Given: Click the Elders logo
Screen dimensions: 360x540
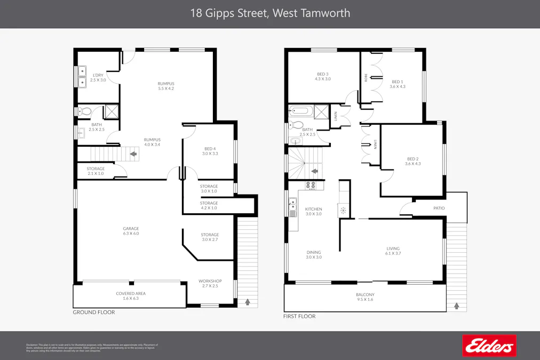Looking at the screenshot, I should click(x=489, y=346).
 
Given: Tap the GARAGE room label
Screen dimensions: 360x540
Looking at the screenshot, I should click(x=131, y=229).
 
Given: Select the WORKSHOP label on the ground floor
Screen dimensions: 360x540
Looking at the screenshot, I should click(x=210, y=281).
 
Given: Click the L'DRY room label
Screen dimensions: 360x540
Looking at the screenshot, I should click(x=98, y=75).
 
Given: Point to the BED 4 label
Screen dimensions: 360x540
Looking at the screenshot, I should click(x=211, y=149).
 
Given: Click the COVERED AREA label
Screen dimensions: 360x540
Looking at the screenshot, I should click(x=131, y=293).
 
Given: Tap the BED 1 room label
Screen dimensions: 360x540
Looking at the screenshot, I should click(x=398, y=82).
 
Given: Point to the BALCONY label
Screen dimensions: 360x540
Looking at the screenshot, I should click(x=365, y=294).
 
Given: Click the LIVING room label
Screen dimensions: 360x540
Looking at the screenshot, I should click(x=393, y=249).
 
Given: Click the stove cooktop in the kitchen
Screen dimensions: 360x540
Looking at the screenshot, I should click(x=311, y=186).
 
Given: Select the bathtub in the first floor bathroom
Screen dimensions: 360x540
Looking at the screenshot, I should click(x=300, y=112).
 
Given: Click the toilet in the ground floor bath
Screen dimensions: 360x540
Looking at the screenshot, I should click(x=83, y=111).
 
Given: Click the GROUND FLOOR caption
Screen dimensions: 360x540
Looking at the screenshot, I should click(x=94, y=313).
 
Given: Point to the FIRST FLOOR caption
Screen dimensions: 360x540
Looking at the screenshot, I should click(x=299, y=316).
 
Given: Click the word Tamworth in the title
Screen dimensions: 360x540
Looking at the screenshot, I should click(x=323, y=13).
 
